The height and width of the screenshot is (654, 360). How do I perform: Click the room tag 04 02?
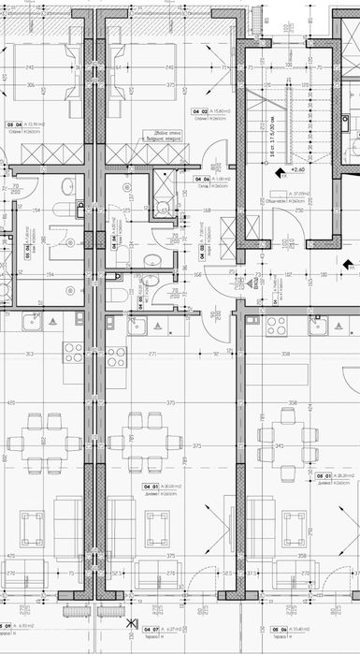tap(197, 112)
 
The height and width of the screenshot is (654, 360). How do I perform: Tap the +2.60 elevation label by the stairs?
tap(298, 170)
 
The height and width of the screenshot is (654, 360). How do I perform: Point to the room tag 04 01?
tap(150, 487)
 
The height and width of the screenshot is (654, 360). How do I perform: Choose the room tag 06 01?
tap(323, 477)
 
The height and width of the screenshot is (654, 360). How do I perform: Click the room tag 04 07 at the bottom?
tap(150, 629)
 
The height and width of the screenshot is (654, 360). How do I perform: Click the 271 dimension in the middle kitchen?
tap(151, 355)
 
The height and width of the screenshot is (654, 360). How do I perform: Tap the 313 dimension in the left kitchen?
tap(30, 355)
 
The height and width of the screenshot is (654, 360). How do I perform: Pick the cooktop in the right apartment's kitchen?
tap(276, 327)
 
